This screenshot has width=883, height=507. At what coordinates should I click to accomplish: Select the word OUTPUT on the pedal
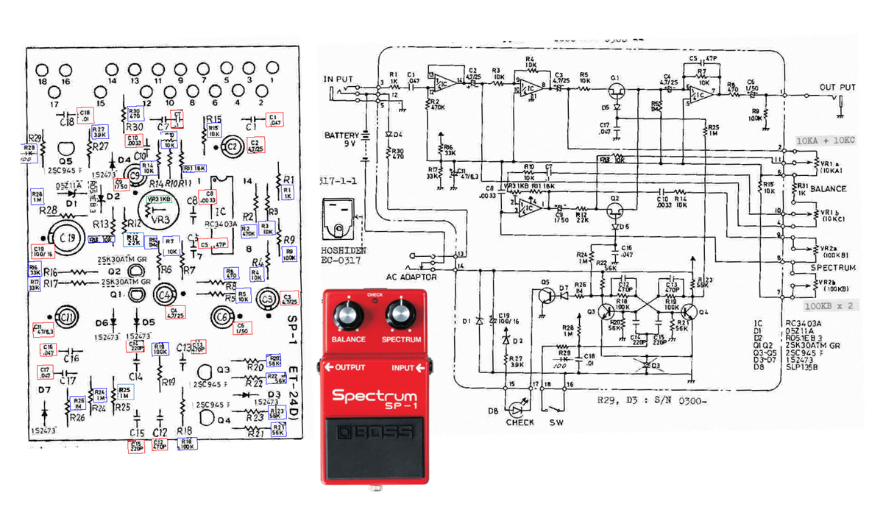click(x=350, y=367)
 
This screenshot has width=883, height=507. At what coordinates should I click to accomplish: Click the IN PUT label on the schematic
click(x=338, y=79)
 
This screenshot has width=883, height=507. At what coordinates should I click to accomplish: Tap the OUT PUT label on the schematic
click(x=837, y=88)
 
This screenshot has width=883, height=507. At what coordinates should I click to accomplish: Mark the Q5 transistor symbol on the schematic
click(x=545, y=295)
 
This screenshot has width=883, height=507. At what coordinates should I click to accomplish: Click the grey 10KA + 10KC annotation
click(x=826, y=140)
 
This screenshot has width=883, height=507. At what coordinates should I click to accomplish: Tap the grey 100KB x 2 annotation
click(x=828, y=305)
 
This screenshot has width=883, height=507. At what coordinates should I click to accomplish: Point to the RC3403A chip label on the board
click(x=221, y=224)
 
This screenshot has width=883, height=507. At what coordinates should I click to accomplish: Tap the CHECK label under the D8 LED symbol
click(x=519, y=422)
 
